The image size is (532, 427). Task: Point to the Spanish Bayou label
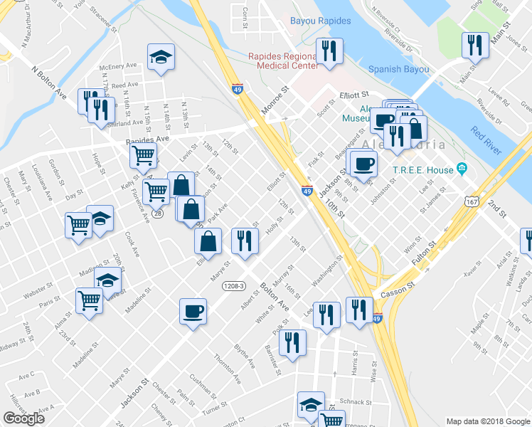point(398,69)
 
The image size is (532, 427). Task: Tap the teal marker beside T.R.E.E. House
point(462,169)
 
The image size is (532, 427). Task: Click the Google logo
point(24,418)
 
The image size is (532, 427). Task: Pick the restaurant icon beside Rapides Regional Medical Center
point(329,51)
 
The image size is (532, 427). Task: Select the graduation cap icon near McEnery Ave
point(161,56)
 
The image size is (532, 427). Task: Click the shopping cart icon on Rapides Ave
point(145,154)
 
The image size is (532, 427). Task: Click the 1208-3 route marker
point(233,286)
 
